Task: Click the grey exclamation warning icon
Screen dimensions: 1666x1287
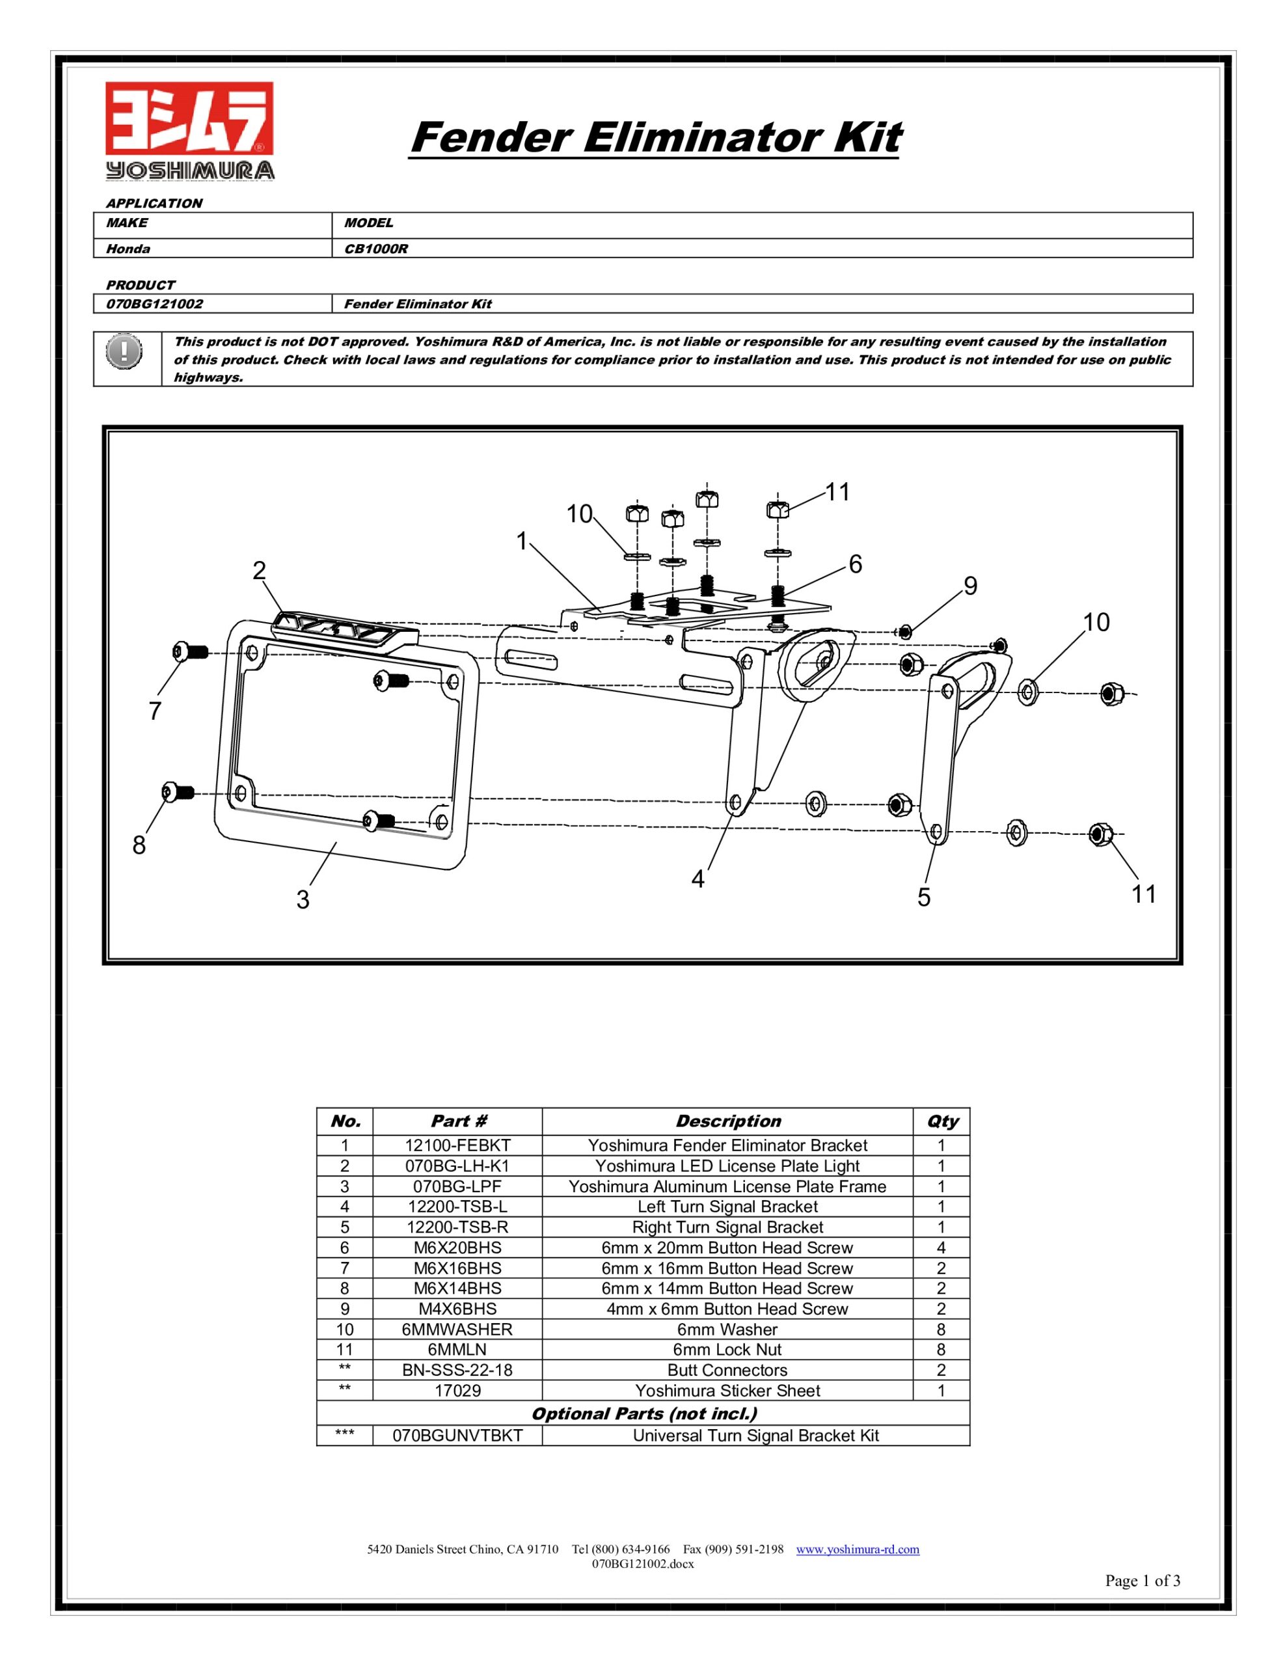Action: click(124, 353)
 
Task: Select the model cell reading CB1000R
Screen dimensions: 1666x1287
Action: click(376, 249)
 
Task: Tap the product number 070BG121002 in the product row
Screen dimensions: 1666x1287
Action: click(155, 304)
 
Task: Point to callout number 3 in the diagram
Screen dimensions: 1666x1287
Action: click(303, 900)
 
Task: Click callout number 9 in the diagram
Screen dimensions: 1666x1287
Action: click(969, 586)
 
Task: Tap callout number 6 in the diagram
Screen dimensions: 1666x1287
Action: click(855, 564)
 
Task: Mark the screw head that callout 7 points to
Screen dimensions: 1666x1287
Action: click(180, 652)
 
